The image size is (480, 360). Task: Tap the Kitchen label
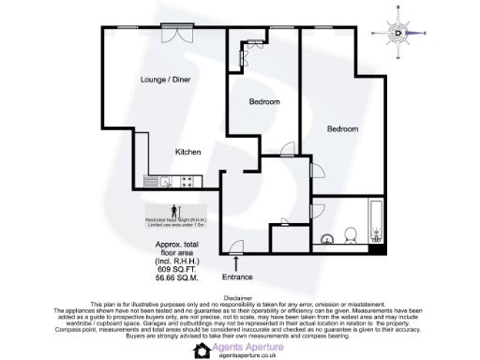coord(187,151)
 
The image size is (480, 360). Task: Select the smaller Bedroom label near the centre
coord(264,101)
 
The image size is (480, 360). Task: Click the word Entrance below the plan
coord(237,277)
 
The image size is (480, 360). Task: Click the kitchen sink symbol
coord(161,181)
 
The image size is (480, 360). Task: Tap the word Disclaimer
coord(240,296)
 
